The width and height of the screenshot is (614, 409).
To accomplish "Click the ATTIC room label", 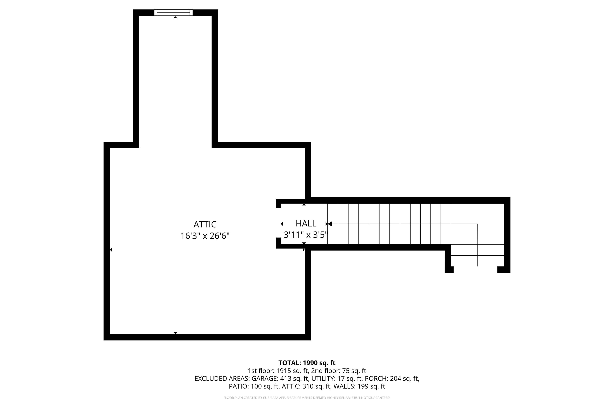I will (205, 224).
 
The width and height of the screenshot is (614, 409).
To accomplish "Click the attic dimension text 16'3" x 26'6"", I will (205, 236).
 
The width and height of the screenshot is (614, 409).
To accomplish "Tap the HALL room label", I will (306, 224).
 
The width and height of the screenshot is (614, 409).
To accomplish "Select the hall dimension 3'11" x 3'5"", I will (305, 235).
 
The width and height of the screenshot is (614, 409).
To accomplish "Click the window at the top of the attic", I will (173, 12).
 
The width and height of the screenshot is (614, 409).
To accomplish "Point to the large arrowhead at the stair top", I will (330, 224).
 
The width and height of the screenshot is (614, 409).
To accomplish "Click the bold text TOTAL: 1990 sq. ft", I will (307, 363).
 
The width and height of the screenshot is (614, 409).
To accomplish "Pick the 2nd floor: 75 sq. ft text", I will (339, 371).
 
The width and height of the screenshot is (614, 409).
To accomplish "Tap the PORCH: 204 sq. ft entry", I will (392, 379).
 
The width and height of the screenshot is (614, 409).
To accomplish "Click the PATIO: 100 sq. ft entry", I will (254, 386).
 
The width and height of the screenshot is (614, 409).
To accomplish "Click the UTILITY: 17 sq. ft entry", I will (336, 379).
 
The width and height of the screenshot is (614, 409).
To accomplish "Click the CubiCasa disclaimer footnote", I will (307, 398).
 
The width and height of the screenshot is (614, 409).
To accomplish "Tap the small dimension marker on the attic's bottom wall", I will (175, 333).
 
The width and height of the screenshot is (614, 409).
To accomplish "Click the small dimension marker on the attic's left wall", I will (111, 250).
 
